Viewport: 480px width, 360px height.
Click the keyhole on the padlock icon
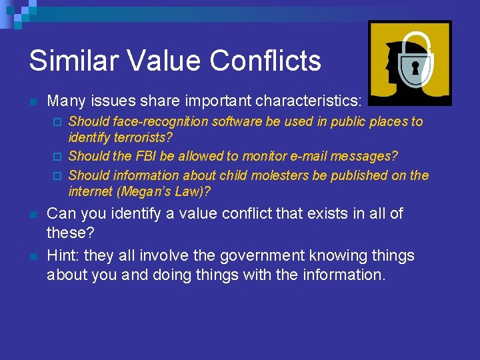pos(414,68)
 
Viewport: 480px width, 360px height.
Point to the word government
pos(227,256)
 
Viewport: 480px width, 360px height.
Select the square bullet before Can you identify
pos(33,215)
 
